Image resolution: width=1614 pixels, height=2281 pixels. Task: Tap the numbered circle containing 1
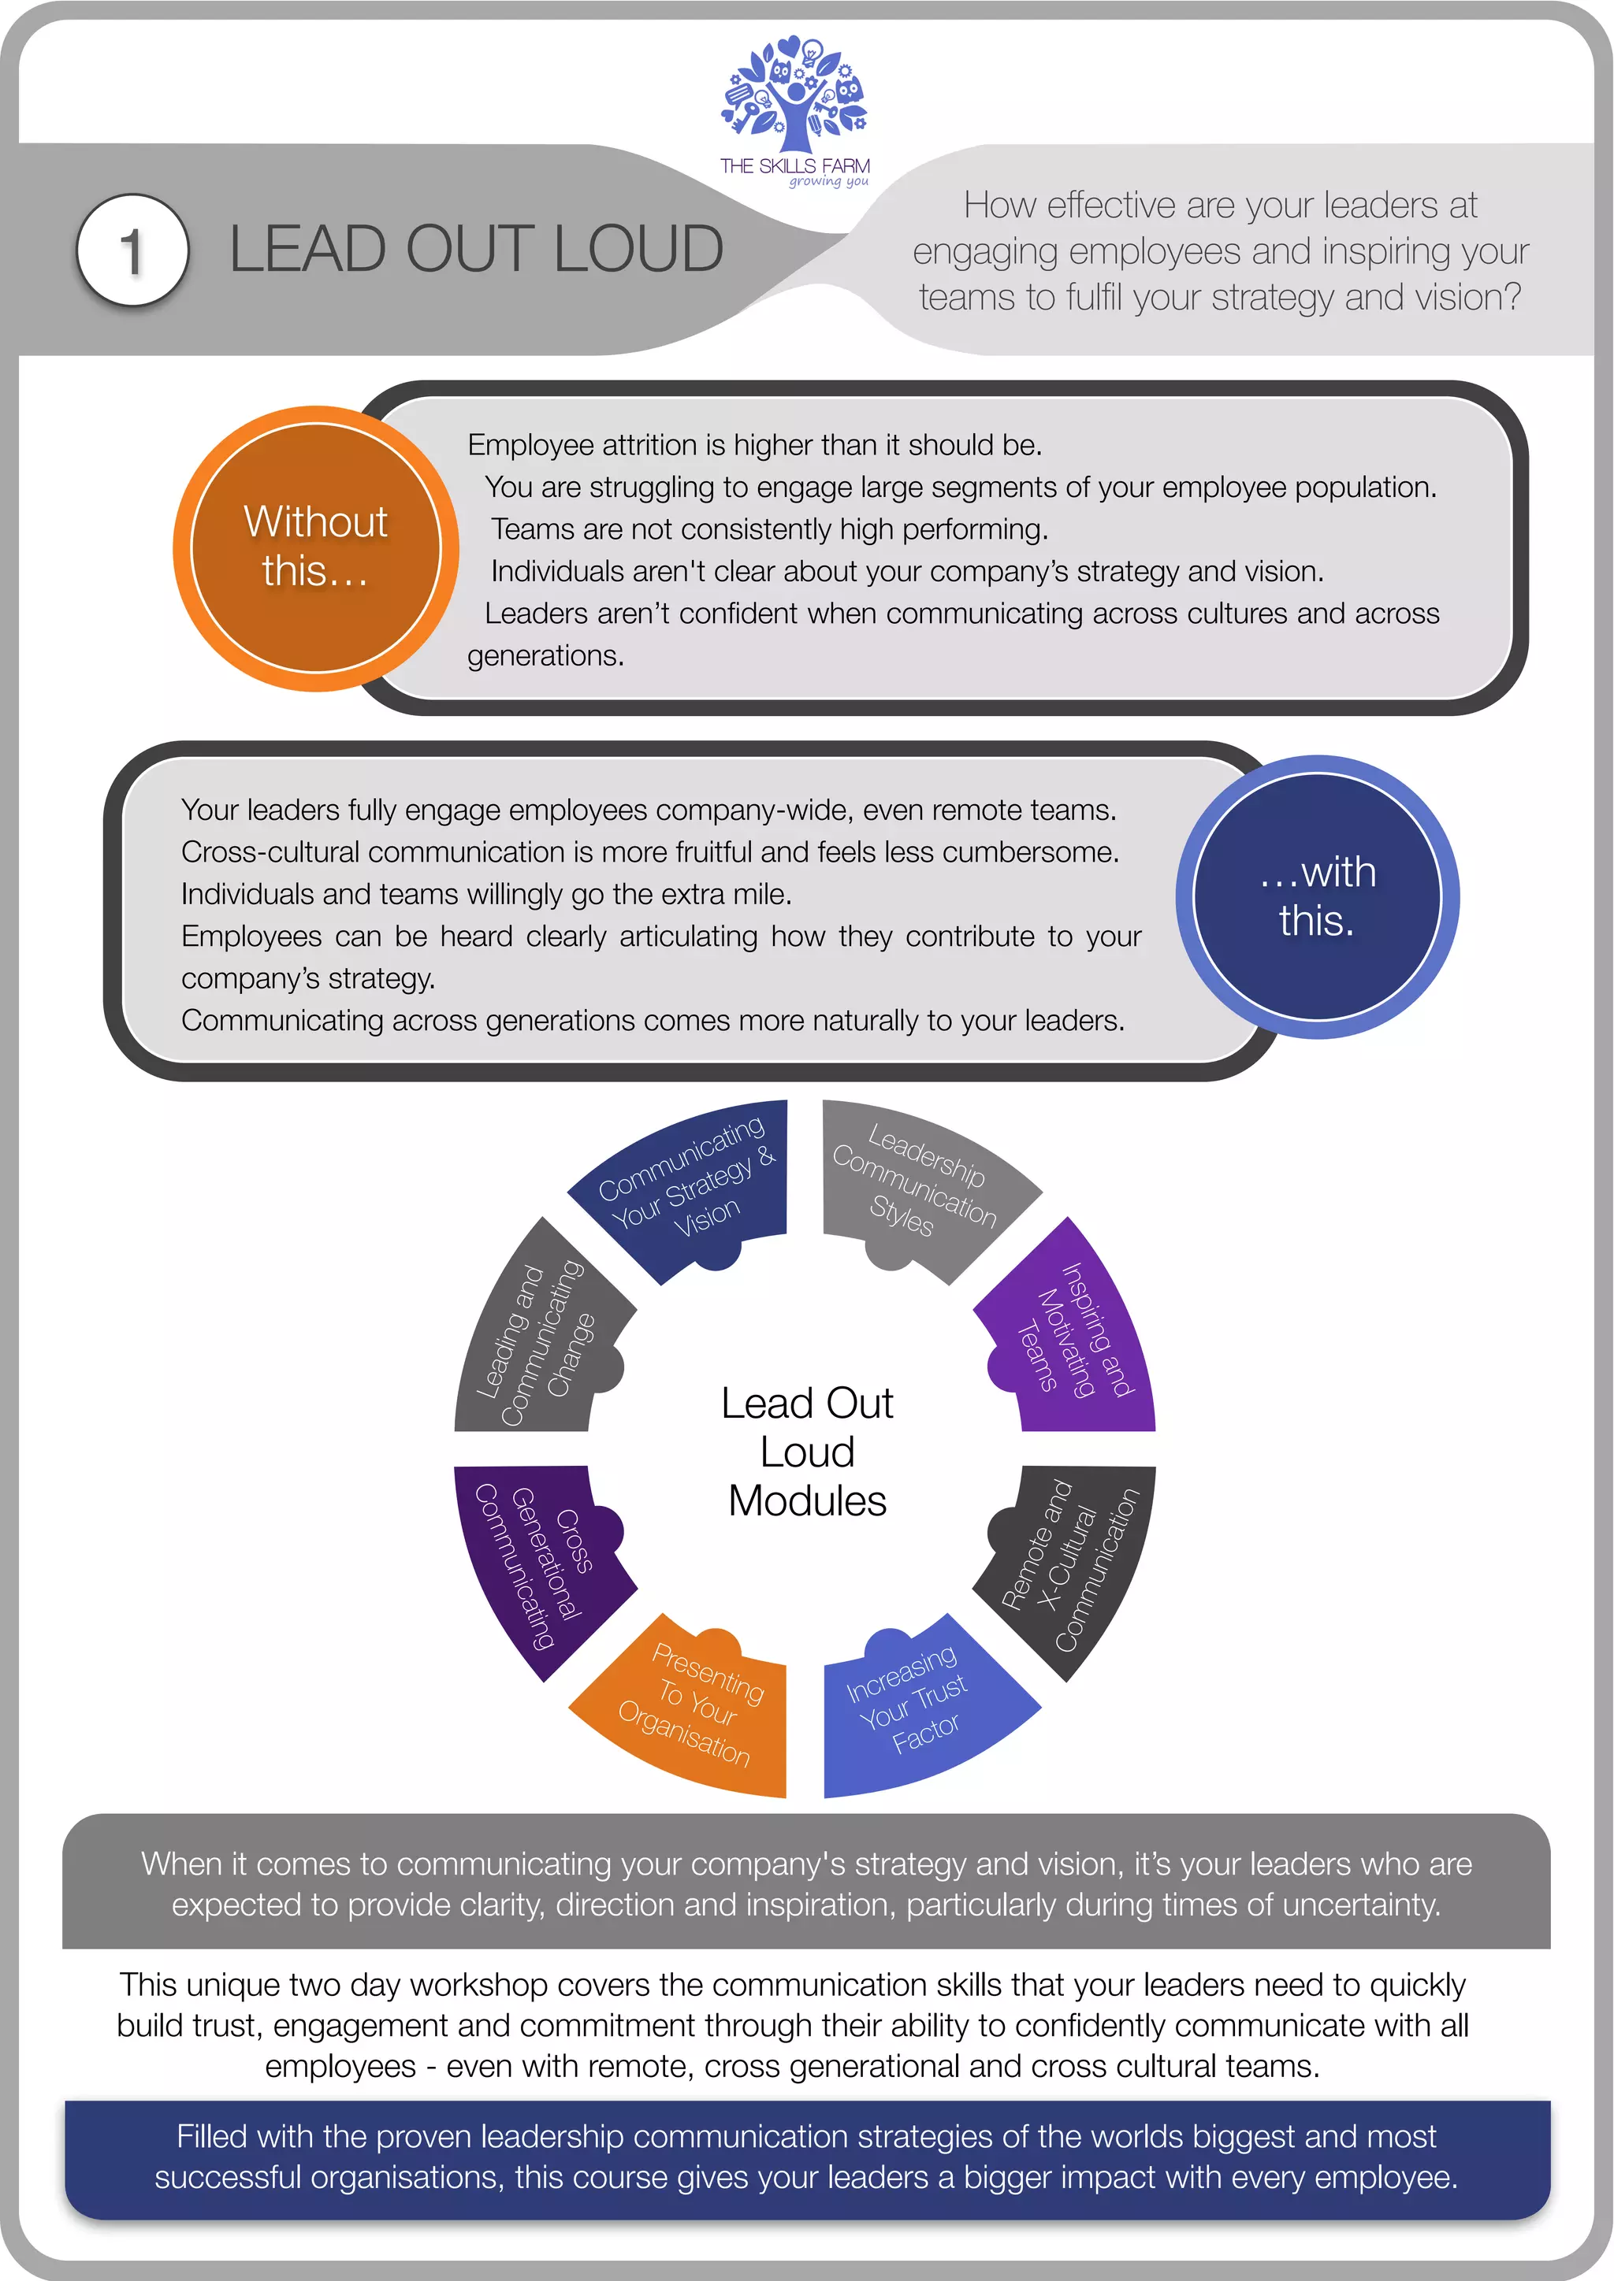132,250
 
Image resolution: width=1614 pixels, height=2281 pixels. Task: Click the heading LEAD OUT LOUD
476,248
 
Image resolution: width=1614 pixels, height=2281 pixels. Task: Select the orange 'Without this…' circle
315,547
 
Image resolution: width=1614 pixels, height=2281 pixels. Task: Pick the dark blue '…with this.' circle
1317,896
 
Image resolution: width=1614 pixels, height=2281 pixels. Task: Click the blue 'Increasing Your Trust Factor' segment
914,1708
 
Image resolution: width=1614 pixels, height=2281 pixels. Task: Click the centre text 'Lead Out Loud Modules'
807,1452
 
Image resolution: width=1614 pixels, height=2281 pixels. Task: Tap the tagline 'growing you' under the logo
829,182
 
